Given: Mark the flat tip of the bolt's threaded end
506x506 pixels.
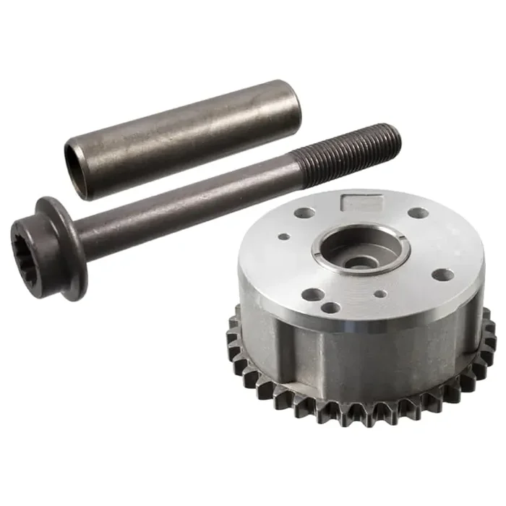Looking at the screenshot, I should pos(395,137).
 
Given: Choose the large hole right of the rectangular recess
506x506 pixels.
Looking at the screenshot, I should pos(419,213).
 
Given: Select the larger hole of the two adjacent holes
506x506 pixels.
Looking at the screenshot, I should pos(312,294).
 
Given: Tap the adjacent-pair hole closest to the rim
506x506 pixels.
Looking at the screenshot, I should pos(331,308).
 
